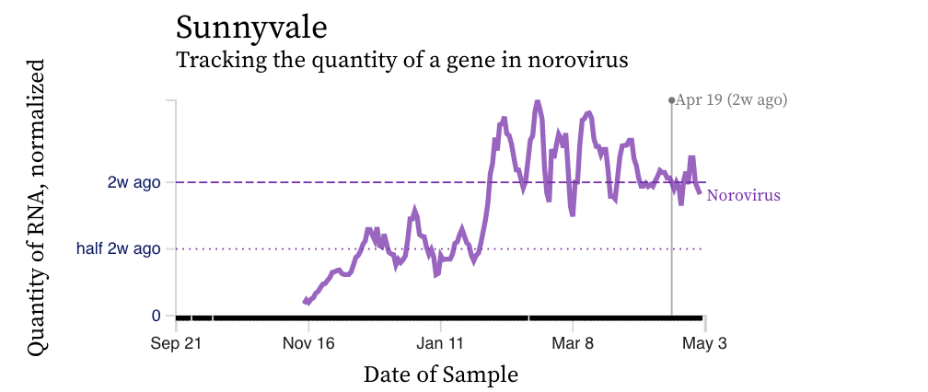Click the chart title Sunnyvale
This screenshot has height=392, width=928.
click(250, 27)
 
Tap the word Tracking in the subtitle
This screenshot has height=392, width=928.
click(213, 62)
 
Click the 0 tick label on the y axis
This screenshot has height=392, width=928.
click(157, 316)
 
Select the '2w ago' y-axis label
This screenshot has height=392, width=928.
click(134, 182)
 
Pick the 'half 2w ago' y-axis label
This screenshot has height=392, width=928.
click(119, 248)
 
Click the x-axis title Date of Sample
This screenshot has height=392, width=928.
click(440, 375)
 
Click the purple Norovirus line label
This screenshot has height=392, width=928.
click(744, 196)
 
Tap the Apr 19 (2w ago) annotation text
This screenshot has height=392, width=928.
click(732, 100)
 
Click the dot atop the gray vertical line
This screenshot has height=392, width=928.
click(671, 99)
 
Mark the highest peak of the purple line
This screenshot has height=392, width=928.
click(538, 103)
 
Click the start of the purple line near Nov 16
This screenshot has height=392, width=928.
click(305, 302)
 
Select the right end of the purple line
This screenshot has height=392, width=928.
click(701, 192)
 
